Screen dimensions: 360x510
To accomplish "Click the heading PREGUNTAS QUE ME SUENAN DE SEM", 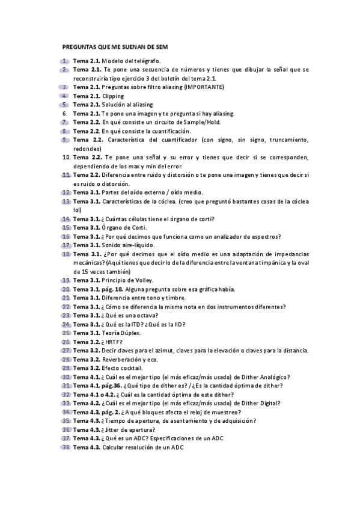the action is coord(115,46).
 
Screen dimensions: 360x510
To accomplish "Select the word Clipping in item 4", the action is coord(113,96).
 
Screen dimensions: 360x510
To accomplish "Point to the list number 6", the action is coord(65,114).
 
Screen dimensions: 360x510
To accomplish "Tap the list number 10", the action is coord(66,157).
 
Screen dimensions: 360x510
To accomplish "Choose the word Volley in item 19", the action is coord(143,280).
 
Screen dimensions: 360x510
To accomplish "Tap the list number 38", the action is coord(66,448).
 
